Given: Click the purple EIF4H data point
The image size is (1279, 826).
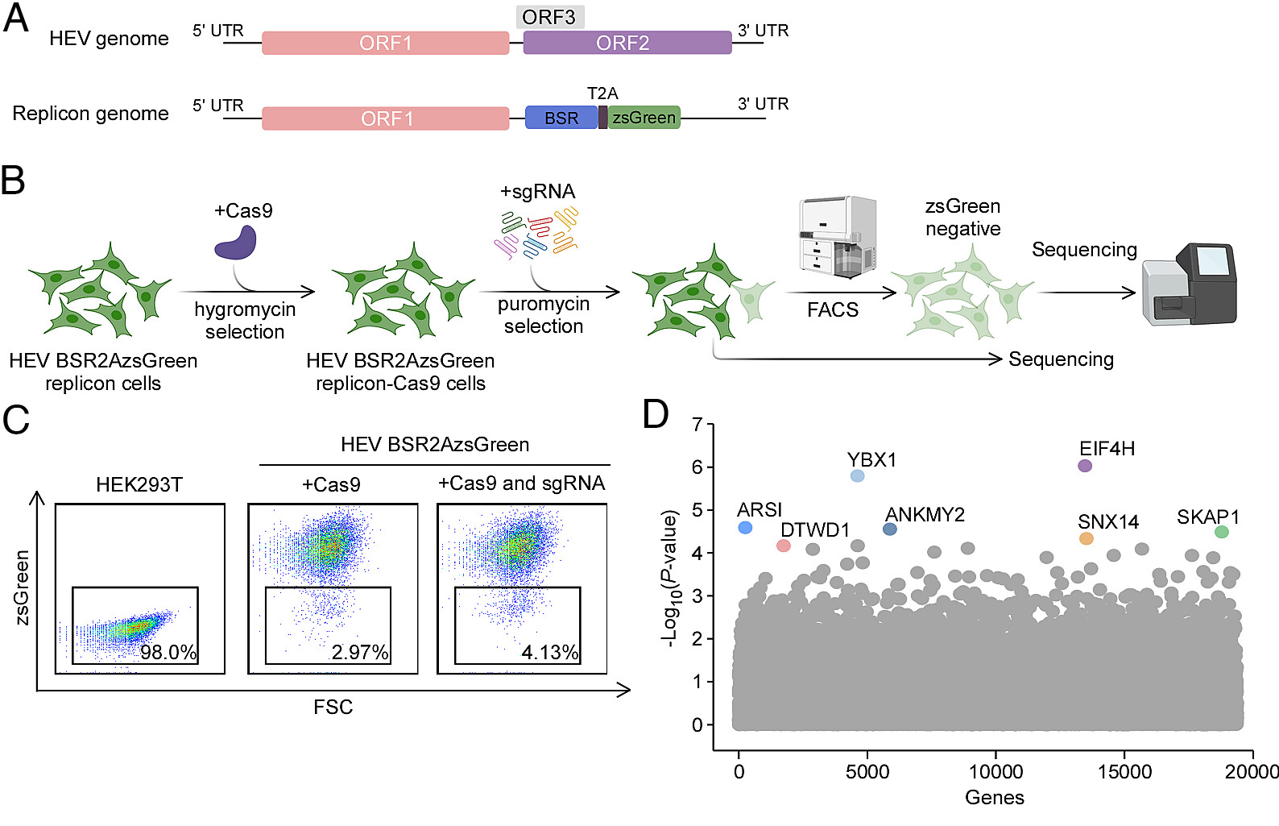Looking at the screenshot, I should click(1085, 466).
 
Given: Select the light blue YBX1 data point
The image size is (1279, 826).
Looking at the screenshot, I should click(857, 476).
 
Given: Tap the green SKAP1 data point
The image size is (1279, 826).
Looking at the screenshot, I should click(1221, 532).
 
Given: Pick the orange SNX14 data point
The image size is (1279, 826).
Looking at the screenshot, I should click(1086, 538).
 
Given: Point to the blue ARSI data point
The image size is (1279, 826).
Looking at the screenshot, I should click(745, 528).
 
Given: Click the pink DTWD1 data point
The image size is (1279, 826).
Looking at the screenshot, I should click(783, 546).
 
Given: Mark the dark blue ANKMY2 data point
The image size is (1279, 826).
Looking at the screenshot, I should click(889, 529).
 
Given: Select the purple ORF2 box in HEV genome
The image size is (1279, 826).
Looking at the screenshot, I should click(627, 43).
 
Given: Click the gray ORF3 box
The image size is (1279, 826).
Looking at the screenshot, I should click(549, 17).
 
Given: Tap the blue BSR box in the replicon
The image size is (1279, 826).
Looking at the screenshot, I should click(561, 118).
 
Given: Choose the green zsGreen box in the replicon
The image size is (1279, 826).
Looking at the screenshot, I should click(644, 118).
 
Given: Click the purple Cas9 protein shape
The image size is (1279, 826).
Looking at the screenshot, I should click(236, 243).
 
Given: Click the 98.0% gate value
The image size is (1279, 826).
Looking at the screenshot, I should click(168, 652).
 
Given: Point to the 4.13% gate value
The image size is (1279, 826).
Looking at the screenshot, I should click(550, 652).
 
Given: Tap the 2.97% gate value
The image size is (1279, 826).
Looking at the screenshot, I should click(360, 652).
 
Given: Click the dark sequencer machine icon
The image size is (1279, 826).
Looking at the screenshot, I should click(1189, 284).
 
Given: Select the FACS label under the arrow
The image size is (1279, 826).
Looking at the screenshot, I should click(833, 309).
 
